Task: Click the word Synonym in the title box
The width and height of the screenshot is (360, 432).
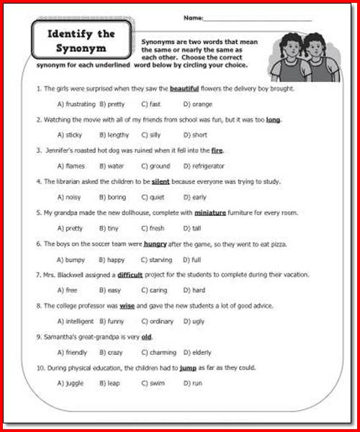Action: click(x=81, y=49)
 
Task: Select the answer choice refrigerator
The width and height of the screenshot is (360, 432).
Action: click(x=203, y=166)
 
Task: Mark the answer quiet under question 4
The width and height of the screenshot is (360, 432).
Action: click(x=156, y=197)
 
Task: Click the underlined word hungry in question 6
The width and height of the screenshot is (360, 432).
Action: click(x=156, y=244)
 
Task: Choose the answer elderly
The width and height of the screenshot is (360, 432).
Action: click(x=199, y=353)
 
